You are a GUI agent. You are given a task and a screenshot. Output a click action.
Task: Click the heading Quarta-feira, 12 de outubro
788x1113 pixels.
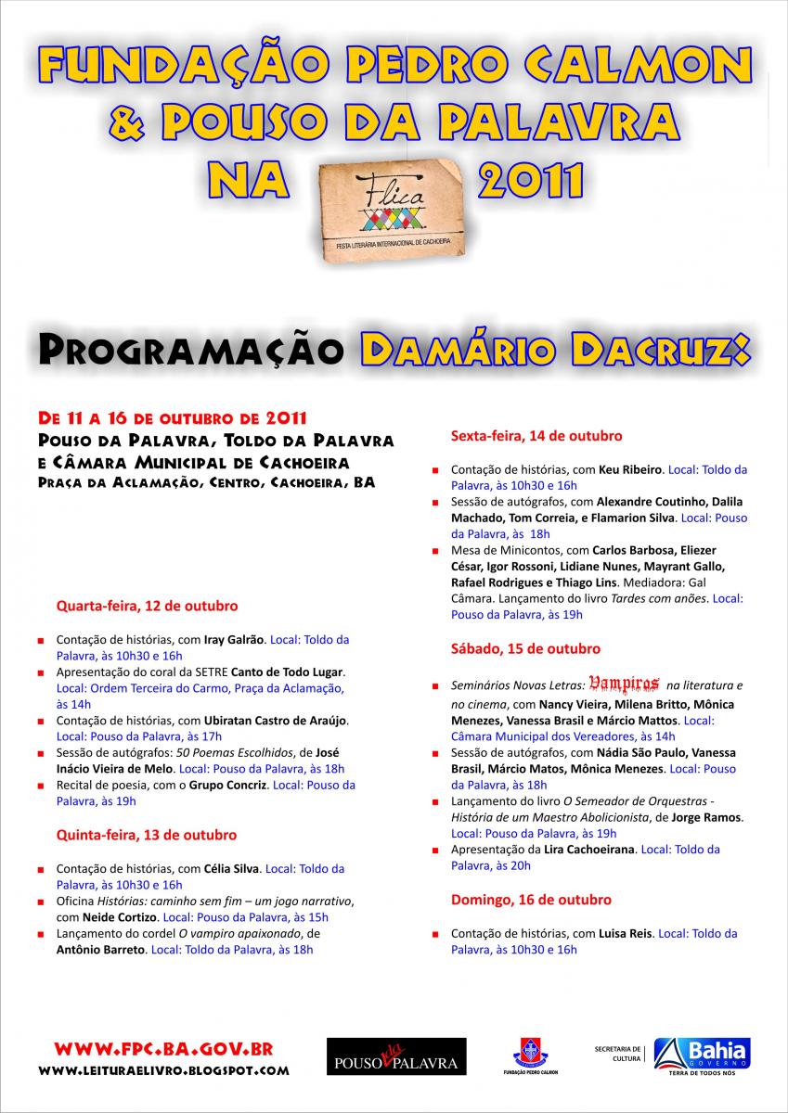click(147, 606)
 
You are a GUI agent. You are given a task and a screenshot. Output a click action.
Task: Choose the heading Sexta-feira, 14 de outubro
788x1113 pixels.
click(536, 435)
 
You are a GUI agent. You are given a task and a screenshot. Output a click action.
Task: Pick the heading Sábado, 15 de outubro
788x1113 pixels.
click(525, 648)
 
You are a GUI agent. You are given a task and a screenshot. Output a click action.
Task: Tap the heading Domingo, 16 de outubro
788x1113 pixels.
click(531, 900)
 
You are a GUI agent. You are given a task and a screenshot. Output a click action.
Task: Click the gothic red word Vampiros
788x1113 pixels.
click(624, 684)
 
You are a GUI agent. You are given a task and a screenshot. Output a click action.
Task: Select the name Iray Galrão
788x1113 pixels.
click(235, 639)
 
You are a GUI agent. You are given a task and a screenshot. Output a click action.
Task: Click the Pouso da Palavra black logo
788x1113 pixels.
click(396, 1055)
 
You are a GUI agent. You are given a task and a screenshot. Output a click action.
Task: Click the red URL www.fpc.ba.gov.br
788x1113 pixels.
click(163, 1049)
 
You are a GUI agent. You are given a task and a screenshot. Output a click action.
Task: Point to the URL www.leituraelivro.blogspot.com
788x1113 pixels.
click(163, 1070)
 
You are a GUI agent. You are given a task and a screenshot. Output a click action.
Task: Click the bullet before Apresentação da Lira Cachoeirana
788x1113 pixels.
click(435, 850)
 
